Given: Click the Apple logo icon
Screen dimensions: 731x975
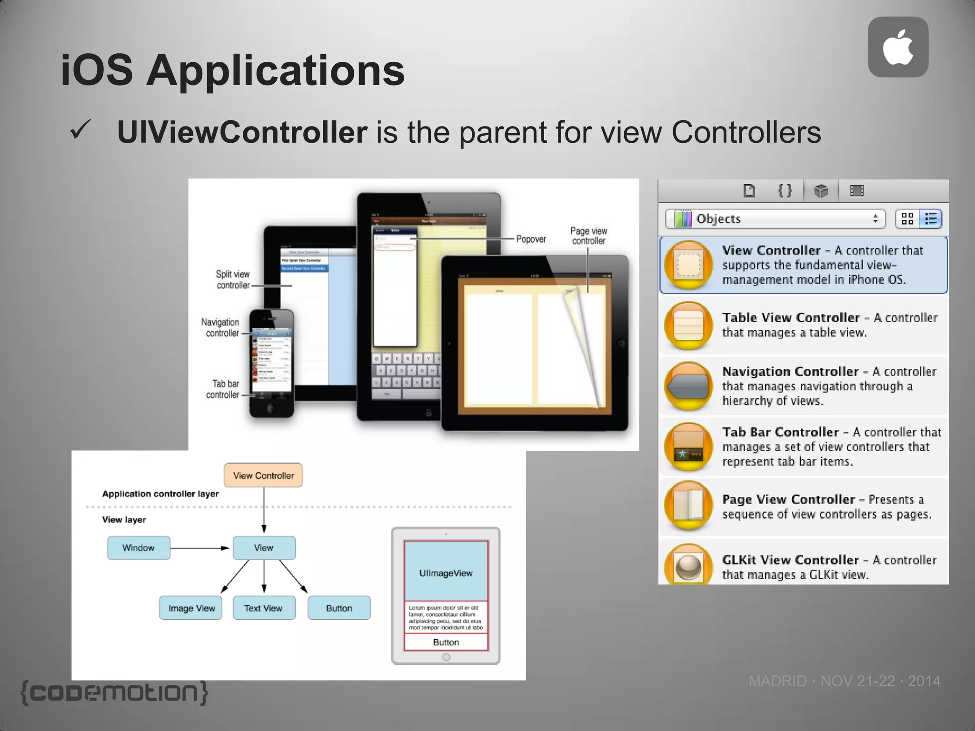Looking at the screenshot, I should click(x=898, y=47).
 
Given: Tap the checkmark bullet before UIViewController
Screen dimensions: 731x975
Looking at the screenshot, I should click(x=80, y=130).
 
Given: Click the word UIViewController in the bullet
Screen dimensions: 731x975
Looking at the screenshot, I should click(x=242, y=132).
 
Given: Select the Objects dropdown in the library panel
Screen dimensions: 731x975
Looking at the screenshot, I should click(x=775, y=219).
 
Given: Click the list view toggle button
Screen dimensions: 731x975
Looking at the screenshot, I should click(x=931, y=219).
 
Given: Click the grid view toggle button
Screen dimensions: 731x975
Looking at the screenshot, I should click(x=907, y=219).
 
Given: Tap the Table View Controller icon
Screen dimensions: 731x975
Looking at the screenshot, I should click(x=688, y=325).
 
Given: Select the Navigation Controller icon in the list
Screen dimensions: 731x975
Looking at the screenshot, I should click(x=688, y=386).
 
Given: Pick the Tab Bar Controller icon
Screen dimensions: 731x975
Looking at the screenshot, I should click(x=688, y=446).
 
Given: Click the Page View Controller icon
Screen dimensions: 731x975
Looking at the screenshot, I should click(x=688, y=506).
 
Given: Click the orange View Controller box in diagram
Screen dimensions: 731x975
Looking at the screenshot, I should click(x=263, y=475).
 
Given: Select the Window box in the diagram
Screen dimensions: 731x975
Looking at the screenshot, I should click(x=139, y=548).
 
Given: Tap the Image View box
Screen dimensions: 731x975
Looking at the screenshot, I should click(x=191, y=608).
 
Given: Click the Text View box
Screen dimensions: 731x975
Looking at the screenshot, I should click(x=264, y=608).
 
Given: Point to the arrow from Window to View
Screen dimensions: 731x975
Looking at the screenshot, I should click(x=200, y=548).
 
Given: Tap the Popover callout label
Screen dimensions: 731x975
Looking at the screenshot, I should click(x=531, y=239).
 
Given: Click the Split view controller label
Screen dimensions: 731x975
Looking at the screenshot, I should click(x=232, y=280).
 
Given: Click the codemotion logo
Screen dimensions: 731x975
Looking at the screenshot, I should click(x=114, y=693).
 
